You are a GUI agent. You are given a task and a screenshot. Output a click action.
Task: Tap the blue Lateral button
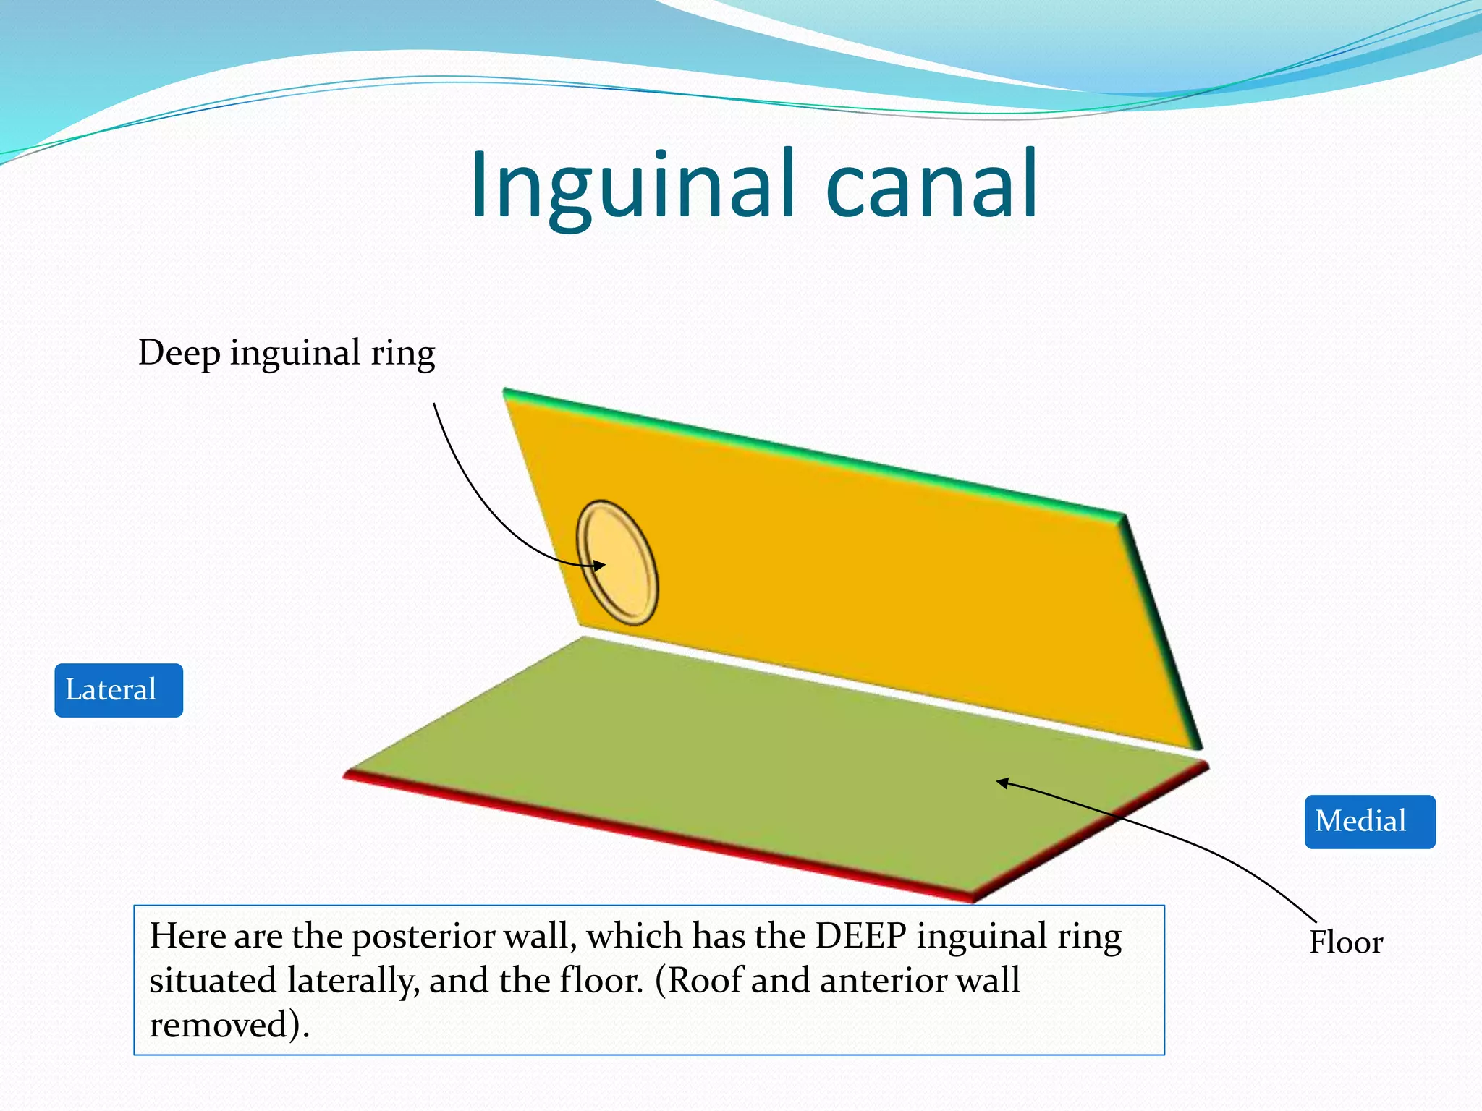[118, 690]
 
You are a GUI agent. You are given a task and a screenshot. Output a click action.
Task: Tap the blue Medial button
[1369, 822]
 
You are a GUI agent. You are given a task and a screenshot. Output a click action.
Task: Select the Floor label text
[1346, 942]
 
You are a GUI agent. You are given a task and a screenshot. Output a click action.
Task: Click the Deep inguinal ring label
[286, 353]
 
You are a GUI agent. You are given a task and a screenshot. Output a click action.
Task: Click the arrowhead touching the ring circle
[599, 566]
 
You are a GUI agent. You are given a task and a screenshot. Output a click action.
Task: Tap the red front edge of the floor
[651, 840]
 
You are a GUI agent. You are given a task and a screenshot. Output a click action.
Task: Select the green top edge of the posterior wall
[810, 453]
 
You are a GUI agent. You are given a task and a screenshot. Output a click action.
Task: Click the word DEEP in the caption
[860, 936]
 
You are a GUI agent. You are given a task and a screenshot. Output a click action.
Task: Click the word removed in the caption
[224, 1025]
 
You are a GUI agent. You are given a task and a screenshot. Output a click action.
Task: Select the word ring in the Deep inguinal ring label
[402, 354]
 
